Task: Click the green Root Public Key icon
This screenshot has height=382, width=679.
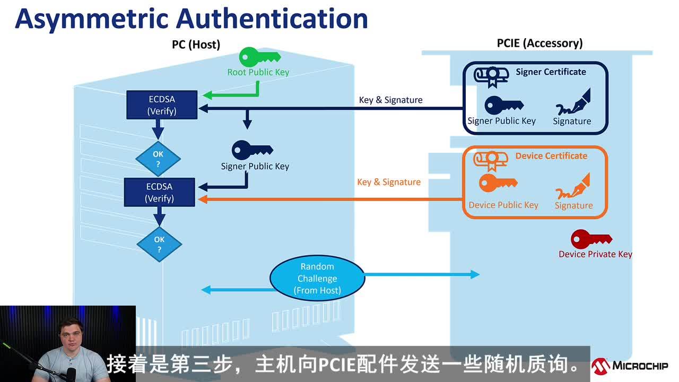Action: pos(259,57)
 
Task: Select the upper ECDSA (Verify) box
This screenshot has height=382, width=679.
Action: pos(162,105)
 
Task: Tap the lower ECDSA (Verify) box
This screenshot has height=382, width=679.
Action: pos(160,193)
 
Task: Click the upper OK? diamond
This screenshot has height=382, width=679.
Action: pos(158,159)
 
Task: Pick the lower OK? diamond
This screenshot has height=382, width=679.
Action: pos(159,244)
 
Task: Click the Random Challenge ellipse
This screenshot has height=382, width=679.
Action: pos(317,279)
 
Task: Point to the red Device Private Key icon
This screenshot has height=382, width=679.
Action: pos(590,239)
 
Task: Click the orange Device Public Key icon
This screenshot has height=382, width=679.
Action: pos(498,183)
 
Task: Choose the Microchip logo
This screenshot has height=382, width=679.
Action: pos(630,366)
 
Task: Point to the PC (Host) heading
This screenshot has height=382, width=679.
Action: pos(196,45)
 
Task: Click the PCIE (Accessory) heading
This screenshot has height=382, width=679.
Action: pos(539,43)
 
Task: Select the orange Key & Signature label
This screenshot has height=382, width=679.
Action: pos(389,182)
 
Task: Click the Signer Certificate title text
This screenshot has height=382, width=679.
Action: pos(551,72)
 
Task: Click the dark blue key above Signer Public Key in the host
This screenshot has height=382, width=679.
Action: pos(252,150)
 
